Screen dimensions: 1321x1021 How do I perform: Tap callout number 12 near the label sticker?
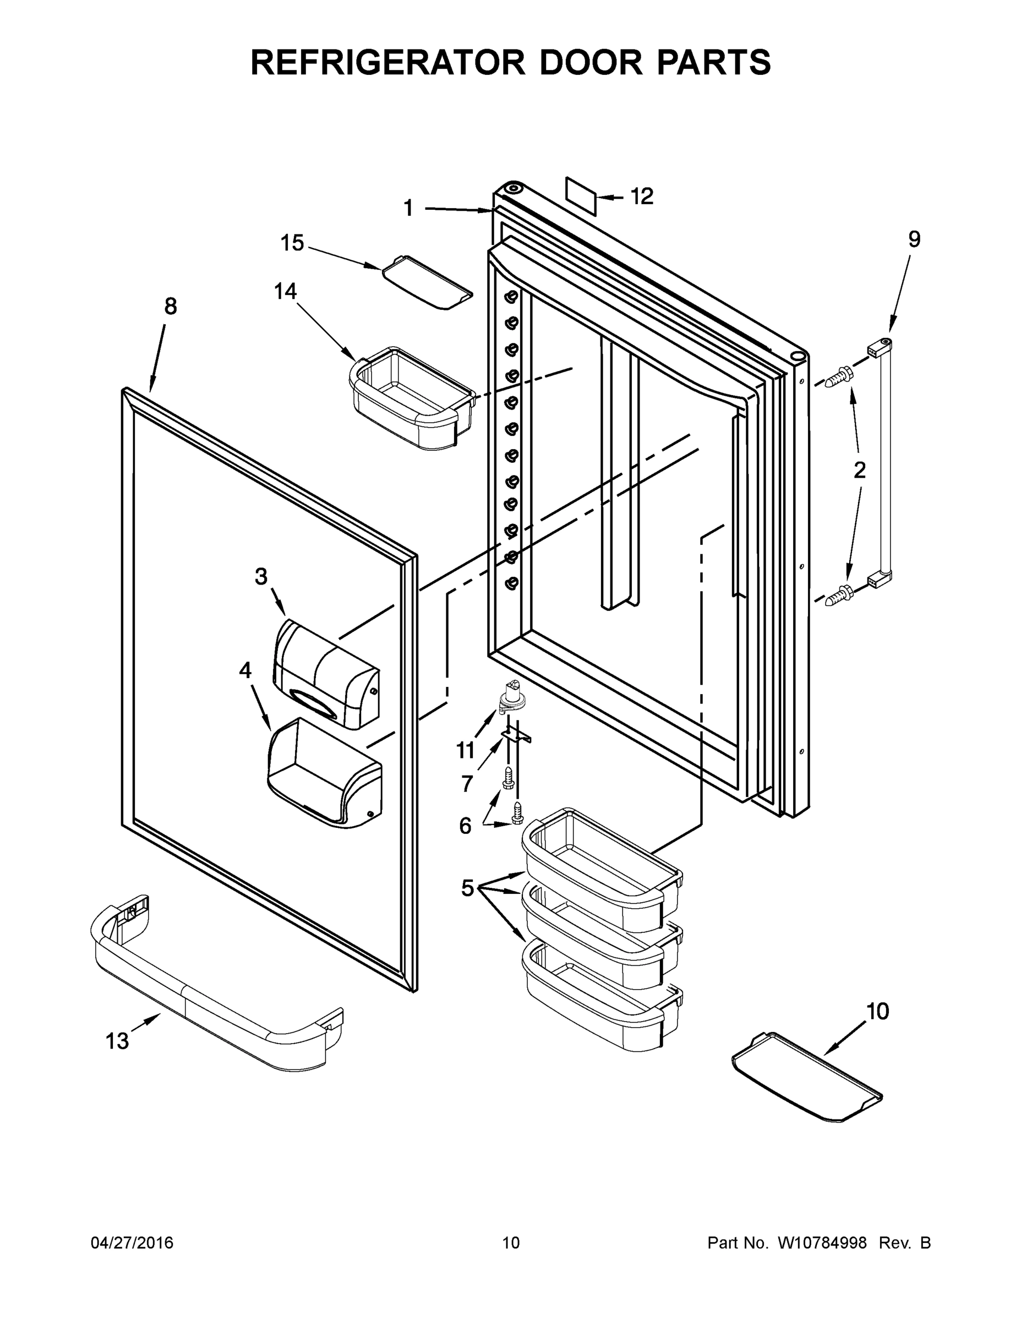point(642,196)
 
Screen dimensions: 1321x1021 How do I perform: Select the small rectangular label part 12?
point(581,196)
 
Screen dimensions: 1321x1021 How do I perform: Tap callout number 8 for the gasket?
point(171,307)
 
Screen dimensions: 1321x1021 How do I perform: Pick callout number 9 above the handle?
point(914,239)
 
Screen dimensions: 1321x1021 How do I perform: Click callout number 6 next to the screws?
point(465,826)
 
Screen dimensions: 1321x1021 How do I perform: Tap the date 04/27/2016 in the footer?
point(132,1243)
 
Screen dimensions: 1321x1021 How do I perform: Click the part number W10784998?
point(821,1243)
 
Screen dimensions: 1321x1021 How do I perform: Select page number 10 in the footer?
point(511,1243)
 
